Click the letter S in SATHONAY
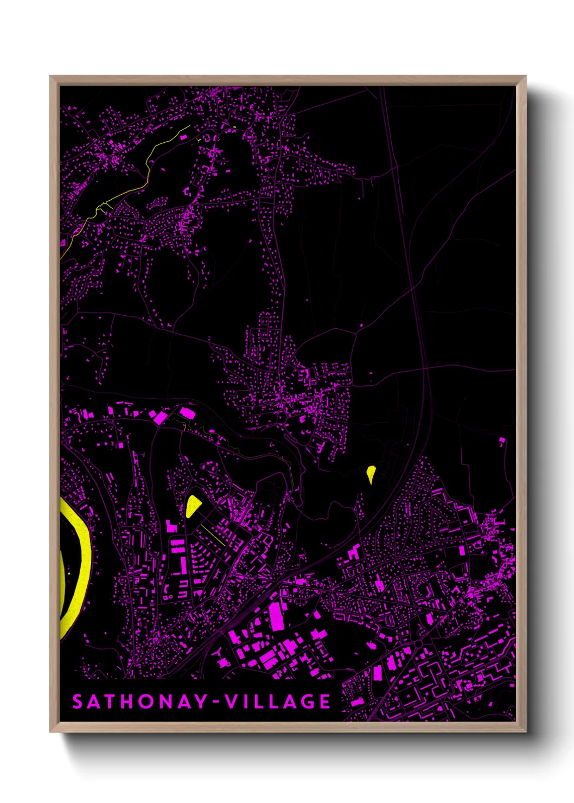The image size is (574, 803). [78, 702]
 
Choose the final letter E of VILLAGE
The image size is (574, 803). [325, 702]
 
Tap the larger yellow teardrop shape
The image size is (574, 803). [192, 506]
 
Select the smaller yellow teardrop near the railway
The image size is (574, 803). [371, 473]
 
